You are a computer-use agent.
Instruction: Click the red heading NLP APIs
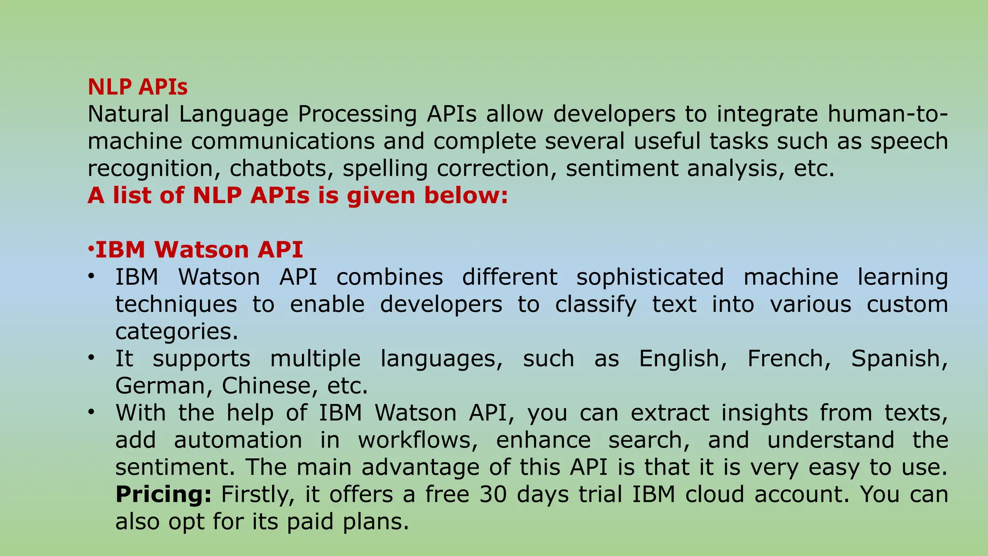pos(137,87)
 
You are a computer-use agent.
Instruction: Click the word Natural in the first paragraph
pos(128,115)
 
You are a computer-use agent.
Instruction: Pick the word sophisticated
pos(650,278)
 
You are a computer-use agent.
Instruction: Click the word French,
pos(789,359)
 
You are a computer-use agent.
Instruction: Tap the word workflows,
pos(417,441)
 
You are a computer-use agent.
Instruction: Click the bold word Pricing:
pos(163,495)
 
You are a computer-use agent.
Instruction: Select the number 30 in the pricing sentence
pos(493,495)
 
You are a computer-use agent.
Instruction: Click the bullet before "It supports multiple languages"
pos(91,358)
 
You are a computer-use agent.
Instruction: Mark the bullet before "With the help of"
pos(91,413)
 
